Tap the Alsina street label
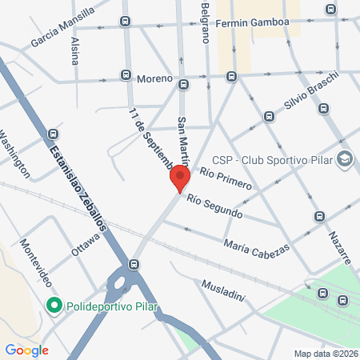tap(75, 50)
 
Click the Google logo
tap(26, 350)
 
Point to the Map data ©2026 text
tap(326, 353)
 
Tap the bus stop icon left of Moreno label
tap(126, 75)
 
